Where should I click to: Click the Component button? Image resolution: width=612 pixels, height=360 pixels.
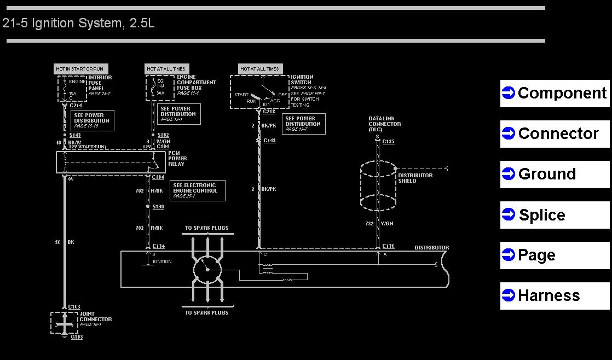(x=555, y=94)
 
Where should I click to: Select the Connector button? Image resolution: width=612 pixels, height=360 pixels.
(x=555, y=134)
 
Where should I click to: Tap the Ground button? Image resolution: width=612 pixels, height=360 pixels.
(x=555, y=175)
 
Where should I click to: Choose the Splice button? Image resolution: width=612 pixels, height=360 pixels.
(x=555, y=215)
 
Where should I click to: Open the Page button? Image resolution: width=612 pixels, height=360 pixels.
(x=555, y=256)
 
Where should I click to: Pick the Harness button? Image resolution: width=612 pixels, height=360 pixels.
(x=555, y=296)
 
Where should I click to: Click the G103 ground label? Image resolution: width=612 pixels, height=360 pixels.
(x=77, y=337)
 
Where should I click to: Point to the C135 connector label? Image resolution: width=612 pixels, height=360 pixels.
(x=388, y=142)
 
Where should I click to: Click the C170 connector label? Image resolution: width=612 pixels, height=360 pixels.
(x=388, y=246)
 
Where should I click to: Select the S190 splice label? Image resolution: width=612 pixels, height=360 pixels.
(x=158, y=207)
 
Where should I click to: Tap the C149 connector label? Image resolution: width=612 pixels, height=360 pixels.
(x=269, y=141)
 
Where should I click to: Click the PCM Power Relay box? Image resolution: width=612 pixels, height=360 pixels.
(x=103, y=162)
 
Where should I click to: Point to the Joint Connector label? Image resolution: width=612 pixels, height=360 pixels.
(x=95, y=317)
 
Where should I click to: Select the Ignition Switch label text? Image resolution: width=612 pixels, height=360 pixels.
(x=302, y=80)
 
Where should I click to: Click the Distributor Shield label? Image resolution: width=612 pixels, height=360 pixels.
(x=415, y=178)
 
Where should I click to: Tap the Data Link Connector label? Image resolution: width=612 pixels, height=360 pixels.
(x=384, y=124)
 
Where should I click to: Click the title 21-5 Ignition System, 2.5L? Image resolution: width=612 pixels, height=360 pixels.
(x=78, y=24)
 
